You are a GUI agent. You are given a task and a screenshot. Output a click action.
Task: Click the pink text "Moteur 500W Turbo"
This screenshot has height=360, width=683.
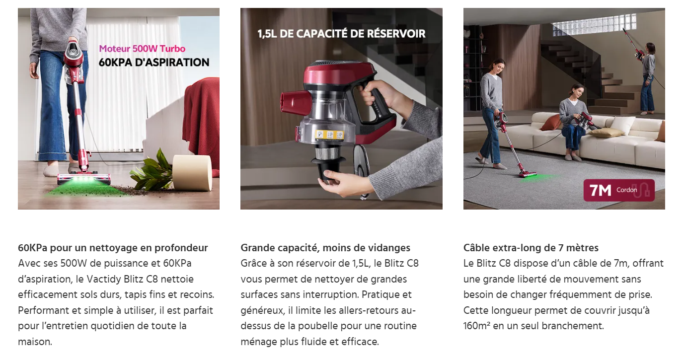click(142, 49)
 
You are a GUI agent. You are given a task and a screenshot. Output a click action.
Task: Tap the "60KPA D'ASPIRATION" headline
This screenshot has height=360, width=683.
click(154, 63)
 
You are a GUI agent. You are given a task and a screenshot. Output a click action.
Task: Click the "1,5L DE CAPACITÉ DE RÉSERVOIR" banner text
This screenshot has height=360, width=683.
click(341, 34)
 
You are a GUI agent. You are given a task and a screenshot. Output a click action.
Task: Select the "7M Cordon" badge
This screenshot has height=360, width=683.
click(619, 190)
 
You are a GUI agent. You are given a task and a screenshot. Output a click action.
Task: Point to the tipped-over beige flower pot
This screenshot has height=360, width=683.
click(192, 172)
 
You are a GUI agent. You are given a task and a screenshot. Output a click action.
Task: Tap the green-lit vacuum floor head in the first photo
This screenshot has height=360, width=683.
click(83, 179)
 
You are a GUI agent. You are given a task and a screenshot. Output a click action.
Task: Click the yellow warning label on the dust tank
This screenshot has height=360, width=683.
click(329, 135)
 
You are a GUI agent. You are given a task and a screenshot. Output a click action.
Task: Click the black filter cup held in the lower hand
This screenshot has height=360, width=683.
click(329, 167)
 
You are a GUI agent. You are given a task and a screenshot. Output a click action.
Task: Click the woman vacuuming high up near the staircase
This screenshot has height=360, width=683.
click(647, 78)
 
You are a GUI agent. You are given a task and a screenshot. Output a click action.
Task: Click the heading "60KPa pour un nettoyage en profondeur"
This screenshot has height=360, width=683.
click(113, 248)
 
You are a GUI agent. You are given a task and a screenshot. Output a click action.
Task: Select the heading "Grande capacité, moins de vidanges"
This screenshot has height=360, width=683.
click(325, 248)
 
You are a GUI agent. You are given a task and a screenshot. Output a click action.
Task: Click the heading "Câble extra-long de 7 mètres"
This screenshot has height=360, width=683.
click(531, 248)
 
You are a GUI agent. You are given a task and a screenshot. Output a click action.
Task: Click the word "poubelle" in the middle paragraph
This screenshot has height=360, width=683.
click(318, 326)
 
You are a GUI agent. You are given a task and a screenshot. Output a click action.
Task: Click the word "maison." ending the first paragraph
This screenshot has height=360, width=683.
click(35, 342)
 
